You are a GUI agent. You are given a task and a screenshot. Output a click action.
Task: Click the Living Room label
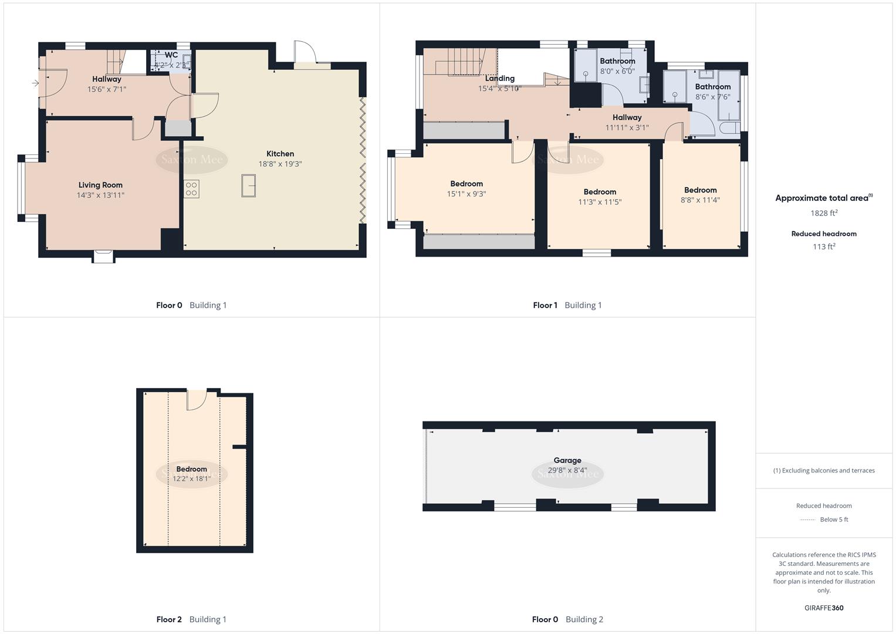coord(100,185)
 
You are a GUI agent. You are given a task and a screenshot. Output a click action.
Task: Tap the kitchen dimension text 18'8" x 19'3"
coord(280,164)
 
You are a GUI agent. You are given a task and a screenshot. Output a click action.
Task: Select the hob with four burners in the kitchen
coord(191,189)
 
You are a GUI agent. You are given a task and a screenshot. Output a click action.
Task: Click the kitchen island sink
coord(248,186)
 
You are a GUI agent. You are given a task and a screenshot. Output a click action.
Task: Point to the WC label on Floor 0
coord(171,55)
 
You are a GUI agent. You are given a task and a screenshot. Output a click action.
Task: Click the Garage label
coord(567,461)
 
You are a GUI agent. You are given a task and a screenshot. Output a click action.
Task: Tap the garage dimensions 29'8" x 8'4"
coord(567,470)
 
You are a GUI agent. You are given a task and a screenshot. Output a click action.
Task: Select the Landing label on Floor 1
coord(500,79)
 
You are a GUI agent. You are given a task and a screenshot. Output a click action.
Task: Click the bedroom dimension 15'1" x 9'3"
coord(466,194)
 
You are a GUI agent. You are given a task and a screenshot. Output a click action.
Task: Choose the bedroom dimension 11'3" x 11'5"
coord(600,202)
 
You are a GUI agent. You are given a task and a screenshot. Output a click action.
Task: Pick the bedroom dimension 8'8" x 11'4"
coord(700,200)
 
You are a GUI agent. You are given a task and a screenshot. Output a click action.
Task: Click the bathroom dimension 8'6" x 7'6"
coord(713,97)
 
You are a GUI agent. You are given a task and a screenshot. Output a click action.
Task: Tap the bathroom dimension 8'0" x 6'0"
coord(617,71)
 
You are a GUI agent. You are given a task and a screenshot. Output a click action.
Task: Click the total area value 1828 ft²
coord(824,213)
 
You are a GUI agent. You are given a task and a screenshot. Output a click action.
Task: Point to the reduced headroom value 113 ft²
coord(824,247)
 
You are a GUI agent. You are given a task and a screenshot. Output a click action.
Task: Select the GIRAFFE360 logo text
coord(824,608)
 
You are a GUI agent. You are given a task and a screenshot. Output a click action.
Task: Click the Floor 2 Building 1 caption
coord(191,619)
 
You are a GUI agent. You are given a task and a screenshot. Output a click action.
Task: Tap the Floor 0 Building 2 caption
coord(567,619)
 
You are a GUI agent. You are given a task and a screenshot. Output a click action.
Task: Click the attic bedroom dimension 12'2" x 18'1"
coord(192,479)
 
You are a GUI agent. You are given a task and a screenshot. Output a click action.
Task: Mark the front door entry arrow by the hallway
coord(35,83)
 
